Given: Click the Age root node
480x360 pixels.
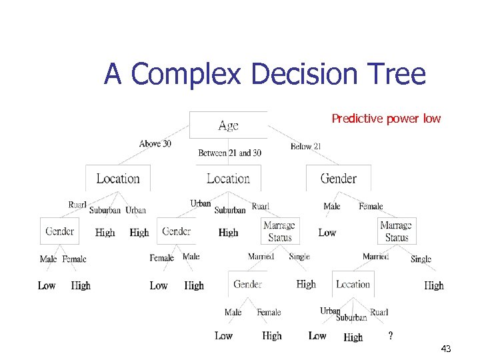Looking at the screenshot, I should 228,125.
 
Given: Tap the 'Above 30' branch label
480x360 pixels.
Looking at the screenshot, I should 155,143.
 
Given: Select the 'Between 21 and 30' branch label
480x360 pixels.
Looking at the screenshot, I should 229,153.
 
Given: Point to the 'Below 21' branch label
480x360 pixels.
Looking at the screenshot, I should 306,146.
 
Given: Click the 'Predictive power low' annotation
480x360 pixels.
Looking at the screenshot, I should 386,119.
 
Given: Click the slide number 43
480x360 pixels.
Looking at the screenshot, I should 446,349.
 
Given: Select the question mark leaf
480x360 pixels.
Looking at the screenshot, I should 390,335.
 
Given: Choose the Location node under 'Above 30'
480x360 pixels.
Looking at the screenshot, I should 118,179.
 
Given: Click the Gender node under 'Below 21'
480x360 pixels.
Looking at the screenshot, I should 338,179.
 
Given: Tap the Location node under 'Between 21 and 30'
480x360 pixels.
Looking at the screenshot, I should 228,179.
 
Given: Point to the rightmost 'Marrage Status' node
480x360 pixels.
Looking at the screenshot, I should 396,231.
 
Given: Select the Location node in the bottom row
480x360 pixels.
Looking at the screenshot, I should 353,284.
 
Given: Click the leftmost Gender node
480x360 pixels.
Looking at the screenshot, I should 59,231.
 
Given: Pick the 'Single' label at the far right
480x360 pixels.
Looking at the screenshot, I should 421,259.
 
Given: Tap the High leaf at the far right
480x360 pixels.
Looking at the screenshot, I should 433,285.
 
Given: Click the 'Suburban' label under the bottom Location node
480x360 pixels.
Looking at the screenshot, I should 351,317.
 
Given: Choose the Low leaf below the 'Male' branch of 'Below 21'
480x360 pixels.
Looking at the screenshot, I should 327,233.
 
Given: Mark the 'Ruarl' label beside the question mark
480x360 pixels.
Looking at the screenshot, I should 379,312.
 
